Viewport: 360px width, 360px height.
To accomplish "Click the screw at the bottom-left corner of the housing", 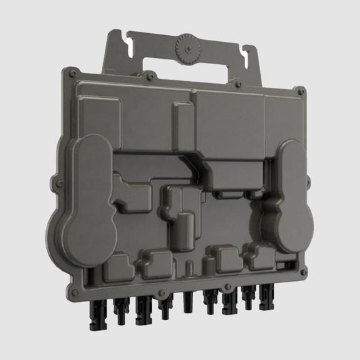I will point(76,292).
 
